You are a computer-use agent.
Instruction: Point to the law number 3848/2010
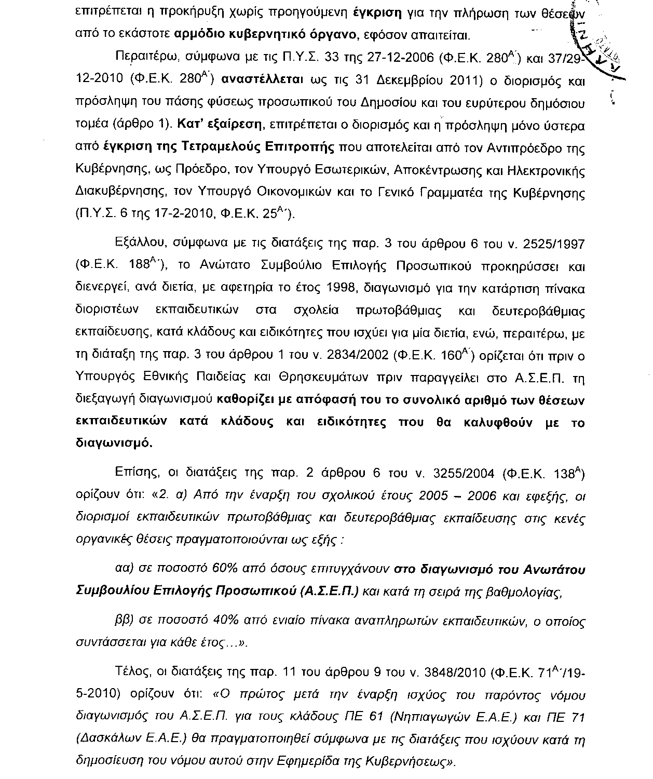point(456,674)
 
